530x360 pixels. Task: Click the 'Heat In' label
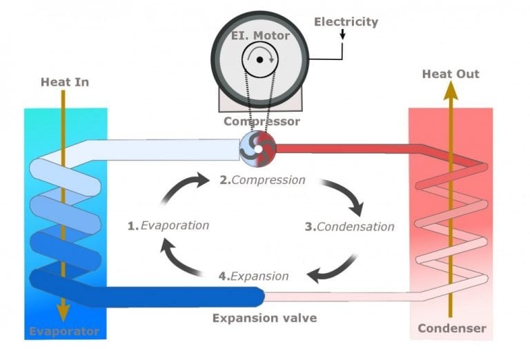(65, 82)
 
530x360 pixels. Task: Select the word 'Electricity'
(346, 21)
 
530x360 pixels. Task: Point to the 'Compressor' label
(262, 121)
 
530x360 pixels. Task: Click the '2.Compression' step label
(262, 180)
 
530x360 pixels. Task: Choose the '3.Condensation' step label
(350, 226)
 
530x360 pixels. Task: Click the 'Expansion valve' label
(264, 318)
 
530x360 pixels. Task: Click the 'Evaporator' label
(63, 332)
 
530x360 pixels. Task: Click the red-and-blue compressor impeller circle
(257, 147)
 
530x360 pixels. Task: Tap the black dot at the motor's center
(259, 60)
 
